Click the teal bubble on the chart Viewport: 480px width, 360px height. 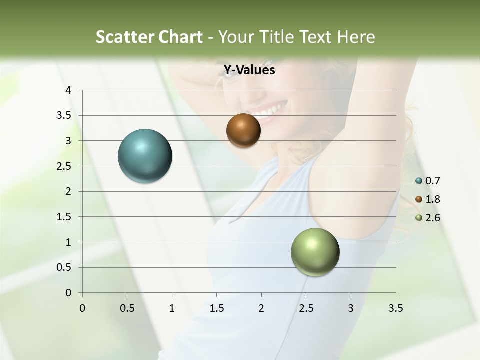pos(145,156)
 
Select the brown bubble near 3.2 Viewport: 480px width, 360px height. pos(243,130)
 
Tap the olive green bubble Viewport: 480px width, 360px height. pos(315,252)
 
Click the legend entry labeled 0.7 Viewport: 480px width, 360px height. pos(428,181)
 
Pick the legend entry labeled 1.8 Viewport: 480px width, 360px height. pos(428,199)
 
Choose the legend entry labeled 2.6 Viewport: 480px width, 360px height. pos(428,218)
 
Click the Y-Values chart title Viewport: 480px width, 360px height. pos(249,70)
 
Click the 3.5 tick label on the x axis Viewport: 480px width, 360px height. pos(395,308)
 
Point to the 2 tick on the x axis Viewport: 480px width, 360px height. pos(261,308)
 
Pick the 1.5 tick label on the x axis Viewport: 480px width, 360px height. pos(216,308)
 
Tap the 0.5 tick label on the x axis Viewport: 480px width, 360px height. pos(127,308)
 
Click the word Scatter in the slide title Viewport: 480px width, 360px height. pos(124,37)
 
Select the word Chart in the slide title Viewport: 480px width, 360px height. pos(180,37)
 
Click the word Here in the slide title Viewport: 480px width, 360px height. pos(355,37)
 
